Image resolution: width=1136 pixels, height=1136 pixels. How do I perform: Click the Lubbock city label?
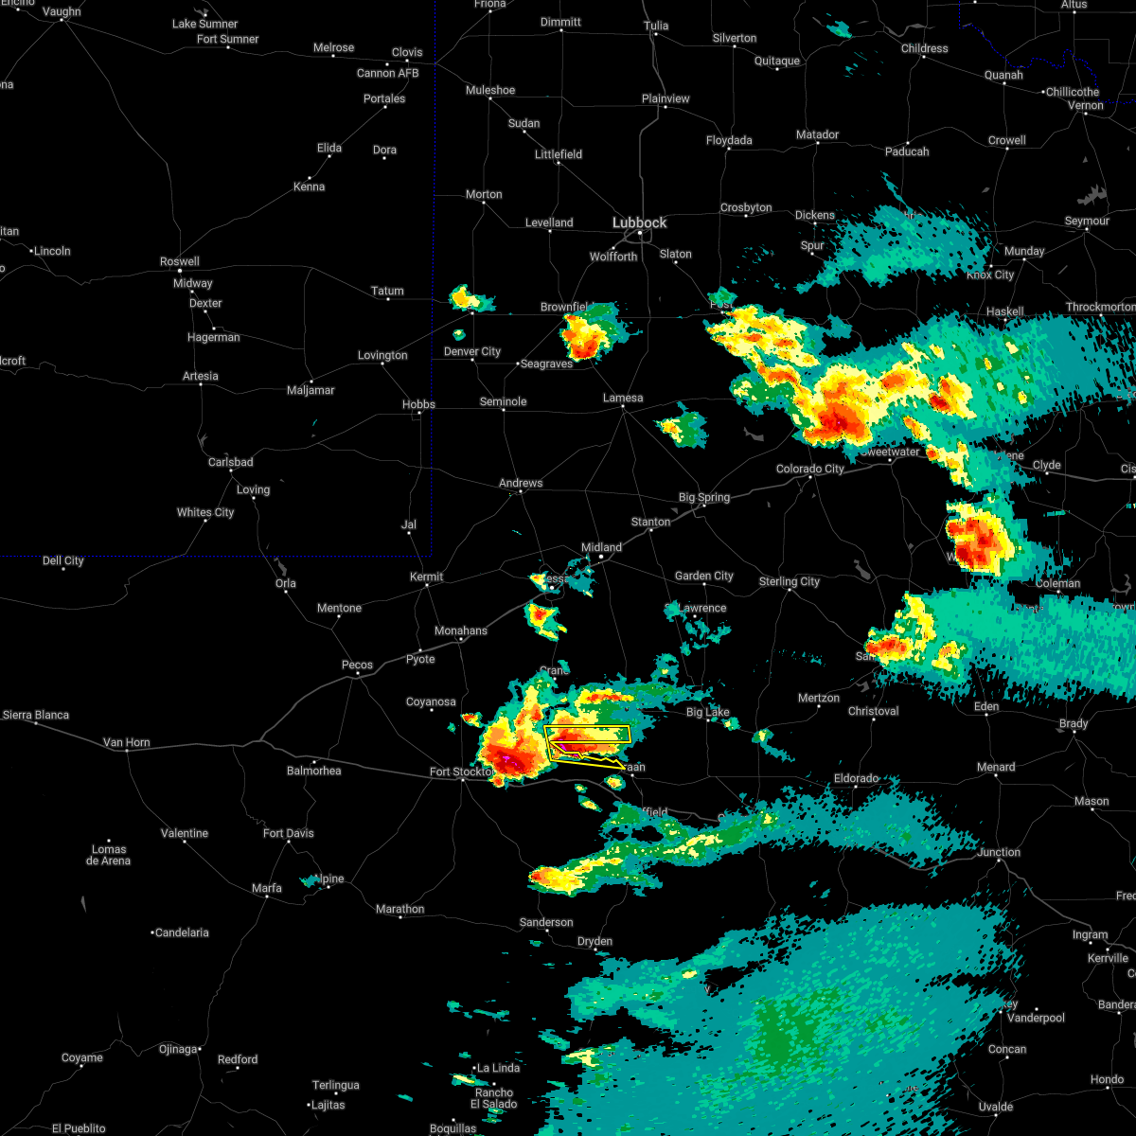[639, 222]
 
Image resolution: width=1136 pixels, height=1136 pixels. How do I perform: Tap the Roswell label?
[180, 261]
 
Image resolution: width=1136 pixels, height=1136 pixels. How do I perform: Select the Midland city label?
[601, 547]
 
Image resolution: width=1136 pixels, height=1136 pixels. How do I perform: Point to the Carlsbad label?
[231, 462]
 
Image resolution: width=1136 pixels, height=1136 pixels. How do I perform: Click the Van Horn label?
[127, 742]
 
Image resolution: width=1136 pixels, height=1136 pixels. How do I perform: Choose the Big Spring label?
[704, 497]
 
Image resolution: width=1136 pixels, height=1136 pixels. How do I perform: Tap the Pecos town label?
[357, 665]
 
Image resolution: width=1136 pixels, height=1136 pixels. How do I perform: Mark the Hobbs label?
[418, 404]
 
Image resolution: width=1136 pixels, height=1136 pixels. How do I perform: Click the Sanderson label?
[546, 922]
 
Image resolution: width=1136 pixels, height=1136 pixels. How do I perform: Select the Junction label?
[999, 852]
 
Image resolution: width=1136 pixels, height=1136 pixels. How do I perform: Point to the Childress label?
[924, 48]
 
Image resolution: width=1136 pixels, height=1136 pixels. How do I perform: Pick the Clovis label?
[407, 52]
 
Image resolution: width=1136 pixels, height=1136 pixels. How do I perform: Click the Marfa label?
[267, 888]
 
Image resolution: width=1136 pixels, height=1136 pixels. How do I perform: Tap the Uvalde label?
[995, 1107]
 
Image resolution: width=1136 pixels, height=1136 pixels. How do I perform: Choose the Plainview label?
[666, 98]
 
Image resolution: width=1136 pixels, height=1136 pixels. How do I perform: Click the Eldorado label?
[856, 778]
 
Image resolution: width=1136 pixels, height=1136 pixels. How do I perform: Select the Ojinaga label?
[178, 1049]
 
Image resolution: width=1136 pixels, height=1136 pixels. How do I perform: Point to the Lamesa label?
[623, 398]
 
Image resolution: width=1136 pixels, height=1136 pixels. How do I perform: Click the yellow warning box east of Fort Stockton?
[588, 734]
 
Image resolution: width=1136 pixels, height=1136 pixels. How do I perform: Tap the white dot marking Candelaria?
[153, 932]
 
